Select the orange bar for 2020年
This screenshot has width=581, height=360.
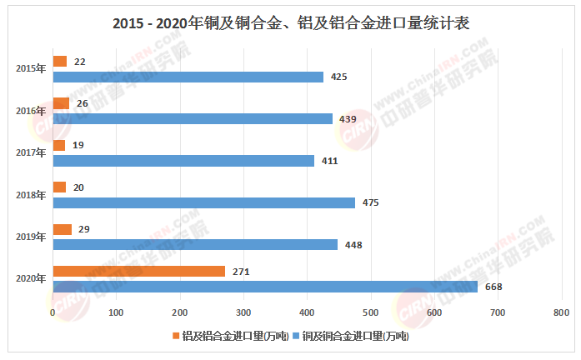click(139, 271)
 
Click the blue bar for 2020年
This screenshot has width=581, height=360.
click(265, 287)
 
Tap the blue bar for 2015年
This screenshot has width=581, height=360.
click(188, 77)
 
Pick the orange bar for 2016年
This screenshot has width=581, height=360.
click(61, 103)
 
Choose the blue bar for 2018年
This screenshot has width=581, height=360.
click(204, 202)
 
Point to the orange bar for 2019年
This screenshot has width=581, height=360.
click(63, 229)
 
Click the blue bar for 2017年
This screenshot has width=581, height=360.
click(183, 161)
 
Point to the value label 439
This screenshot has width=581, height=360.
click(348, 119)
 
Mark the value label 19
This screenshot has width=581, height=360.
click(78, 145)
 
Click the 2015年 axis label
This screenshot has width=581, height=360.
click(30, 69)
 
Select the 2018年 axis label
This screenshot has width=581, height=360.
click(30, 195)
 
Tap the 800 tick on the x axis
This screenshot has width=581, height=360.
click(560, 312)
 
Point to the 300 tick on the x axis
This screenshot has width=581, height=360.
click(243, 312)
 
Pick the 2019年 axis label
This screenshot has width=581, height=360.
click(30, 237)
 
